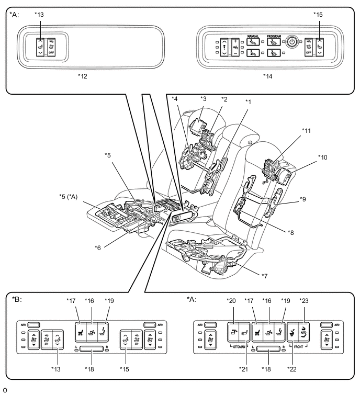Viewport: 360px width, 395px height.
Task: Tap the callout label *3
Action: click(x=204, y=98)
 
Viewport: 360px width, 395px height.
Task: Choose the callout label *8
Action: click(x=291, y=231)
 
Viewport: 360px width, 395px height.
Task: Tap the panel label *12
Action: click(x=82, y=75)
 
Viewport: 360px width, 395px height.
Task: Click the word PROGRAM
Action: click(x=274, y=36)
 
